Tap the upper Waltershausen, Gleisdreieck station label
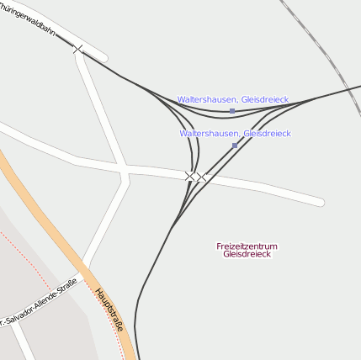point(232,99)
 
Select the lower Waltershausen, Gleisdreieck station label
point(235,133)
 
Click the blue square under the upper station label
point(232,111)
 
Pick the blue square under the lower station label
point(235,146)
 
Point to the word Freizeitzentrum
point(247,246)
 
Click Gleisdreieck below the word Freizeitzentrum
point(247,254)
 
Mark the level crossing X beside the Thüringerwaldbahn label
point(78,49)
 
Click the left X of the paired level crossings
point(190,176)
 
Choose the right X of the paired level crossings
point(201,177)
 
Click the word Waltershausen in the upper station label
point(207,99)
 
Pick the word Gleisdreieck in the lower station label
point(267,133)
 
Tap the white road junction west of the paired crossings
point(125,174)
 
